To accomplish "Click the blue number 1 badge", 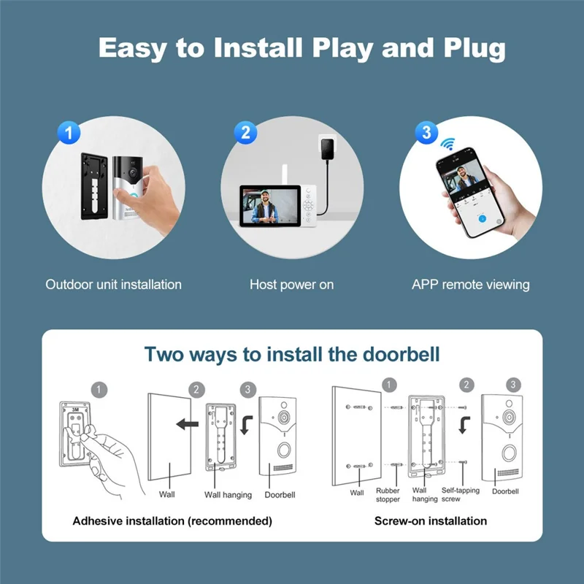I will pos(69,133).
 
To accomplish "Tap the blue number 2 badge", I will pos(246,133).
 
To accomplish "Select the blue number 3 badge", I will pos(426,133).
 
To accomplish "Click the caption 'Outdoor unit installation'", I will pos(113,285).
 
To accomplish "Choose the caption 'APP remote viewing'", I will pos(470,285).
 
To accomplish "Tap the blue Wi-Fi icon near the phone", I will pos(447,143).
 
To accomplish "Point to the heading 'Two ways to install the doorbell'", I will pos(292,355).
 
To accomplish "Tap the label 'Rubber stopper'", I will pos(388,495).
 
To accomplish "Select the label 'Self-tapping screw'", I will pos(461,495).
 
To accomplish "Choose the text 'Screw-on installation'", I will pos(430,521).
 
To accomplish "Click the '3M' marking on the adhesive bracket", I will pos(75,411).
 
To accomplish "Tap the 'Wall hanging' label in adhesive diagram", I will pos(228,495).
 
